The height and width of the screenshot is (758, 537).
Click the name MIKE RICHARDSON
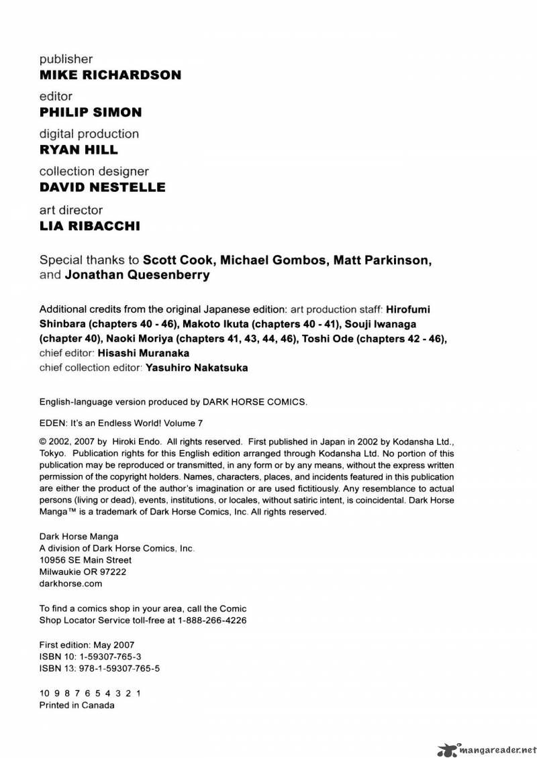click(110, 75)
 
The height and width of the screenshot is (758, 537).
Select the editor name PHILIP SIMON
click(91, 113)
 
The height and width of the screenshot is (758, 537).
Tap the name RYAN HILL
click(79, 150)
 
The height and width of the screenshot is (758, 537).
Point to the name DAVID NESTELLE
click(102, 188)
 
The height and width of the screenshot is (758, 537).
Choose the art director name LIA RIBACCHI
click(90, 226)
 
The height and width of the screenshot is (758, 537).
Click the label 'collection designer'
click(94, 172)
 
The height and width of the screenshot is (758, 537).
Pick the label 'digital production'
click(89, 134)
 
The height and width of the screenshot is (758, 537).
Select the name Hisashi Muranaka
click(144, 353)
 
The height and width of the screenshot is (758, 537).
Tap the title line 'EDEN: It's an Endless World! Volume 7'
click(121, 423)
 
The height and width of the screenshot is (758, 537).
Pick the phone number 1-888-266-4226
click(212, 620)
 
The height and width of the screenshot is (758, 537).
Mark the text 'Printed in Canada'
click(77, 705)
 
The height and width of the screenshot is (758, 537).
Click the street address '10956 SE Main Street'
click(85, 560)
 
